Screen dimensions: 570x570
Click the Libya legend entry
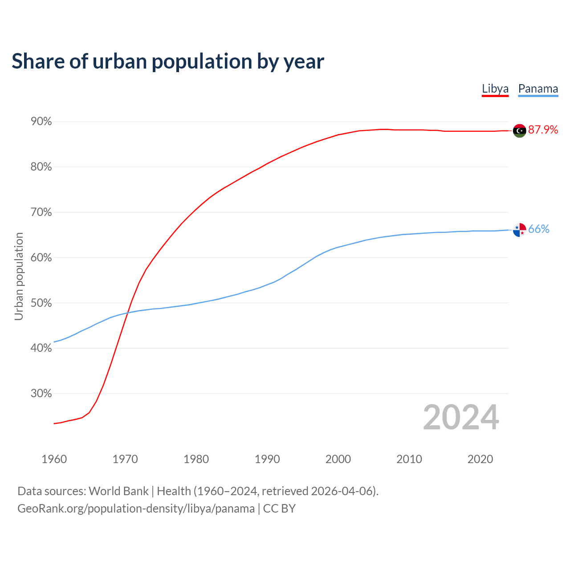495,89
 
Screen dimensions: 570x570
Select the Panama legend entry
538,89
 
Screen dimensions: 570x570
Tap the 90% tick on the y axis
41,122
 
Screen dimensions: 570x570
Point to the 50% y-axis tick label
41,303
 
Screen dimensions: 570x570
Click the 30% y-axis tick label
41,394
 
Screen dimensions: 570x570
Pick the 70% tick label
41,212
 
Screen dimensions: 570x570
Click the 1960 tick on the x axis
54,459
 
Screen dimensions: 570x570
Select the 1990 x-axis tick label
267,459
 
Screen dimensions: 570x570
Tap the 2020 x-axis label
480,459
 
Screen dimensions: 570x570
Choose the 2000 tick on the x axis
338,459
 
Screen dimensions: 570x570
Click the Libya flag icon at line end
519,130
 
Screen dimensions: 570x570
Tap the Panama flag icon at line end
519,230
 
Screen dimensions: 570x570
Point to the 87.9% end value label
543,130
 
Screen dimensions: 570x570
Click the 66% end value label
539,229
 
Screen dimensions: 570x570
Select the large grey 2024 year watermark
461,417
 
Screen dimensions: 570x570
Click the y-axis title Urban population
19,276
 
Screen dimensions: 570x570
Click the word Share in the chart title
38,61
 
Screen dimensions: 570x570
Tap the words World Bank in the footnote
118,491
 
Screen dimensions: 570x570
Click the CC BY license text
279,509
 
